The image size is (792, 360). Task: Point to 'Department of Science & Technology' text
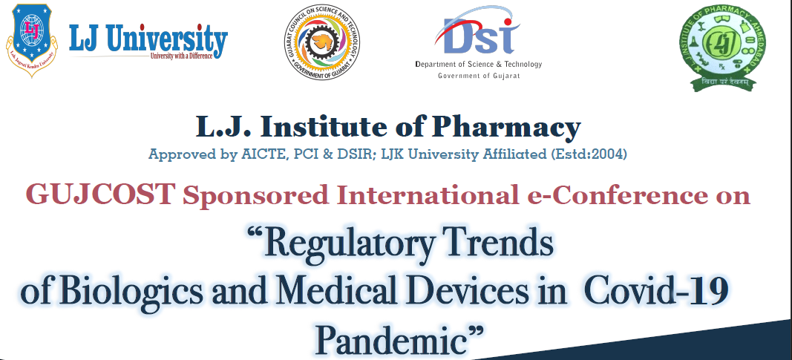click(479, 65)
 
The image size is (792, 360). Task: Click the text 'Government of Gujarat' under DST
click(478, 76)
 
